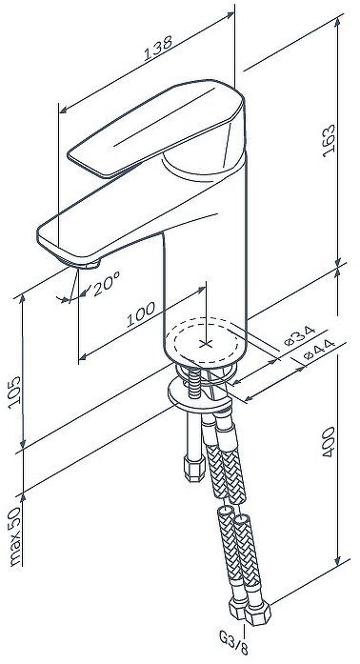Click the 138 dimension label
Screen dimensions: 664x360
(148, 55)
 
